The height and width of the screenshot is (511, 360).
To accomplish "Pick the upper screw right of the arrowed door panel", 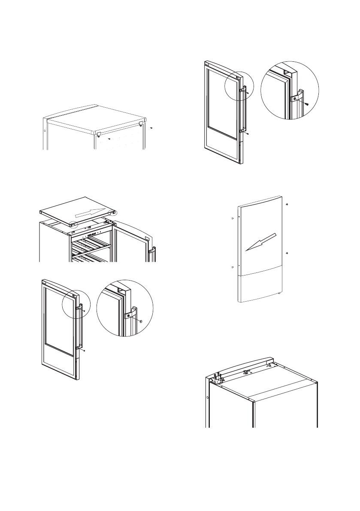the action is [287, 204].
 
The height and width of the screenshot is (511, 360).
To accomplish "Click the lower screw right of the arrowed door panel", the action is [287, 253].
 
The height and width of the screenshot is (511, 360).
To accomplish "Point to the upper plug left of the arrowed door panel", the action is [232, 218].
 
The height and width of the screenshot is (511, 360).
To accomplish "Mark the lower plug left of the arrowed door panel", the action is [232, 267].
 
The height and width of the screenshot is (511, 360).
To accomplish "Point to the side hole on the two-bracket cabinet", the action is [44, 130].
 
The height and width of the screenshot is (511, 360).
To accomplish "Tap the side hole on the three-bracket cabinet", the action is [208, 398].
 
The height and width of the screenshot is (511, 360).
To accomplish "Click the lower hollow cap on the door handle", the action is [85, 351].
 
